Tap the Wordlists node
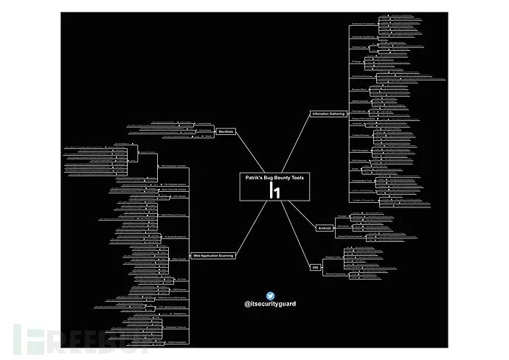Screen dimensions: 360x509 tap(226, 131)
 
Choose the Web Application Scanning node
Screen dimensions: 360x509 tap(212, 255)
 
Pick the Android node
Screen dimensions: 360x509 tap(323, 228)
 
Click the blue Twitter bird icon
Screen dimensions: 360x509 tap(270, 295)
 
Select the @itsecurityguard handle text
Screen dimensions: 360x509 tap(270, 304)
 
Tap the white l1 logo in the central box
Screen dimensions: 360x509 tap(274, 190)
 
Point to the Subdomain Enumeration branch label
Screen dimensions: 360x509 tap(363, 24)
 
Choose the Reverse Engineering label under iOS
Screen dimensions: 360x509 tap(336, 273)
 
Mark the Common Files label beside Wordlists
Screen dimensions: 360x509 tap(204, 124)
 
